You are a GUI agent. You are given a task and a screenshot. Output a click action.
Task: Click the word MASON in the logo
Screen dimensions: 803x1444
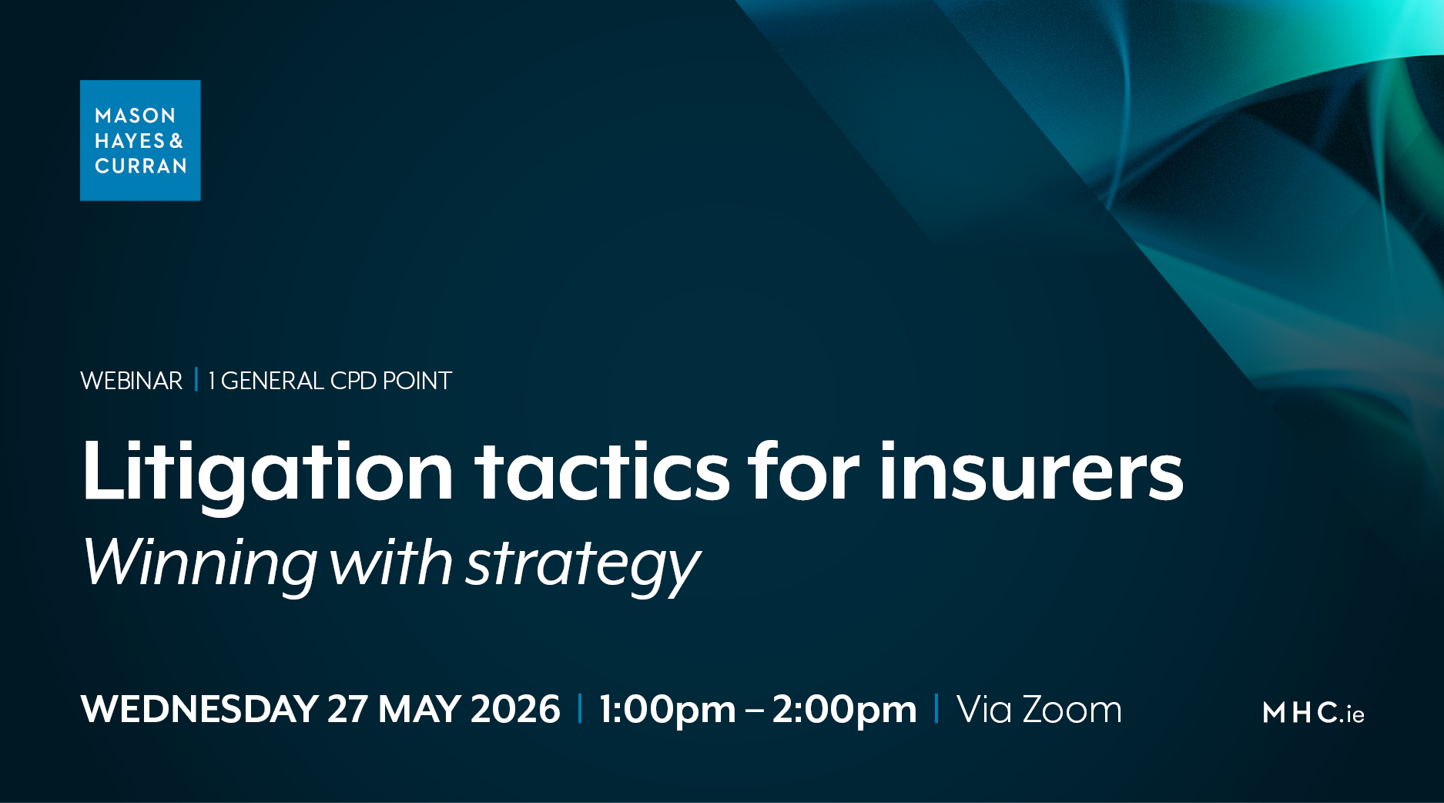pyautogui.click(x=135, y=116)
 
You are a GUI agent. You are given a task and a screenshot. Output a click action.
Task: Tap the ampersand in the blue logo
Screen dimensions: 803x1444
pyautogui.click(x=176, y=141)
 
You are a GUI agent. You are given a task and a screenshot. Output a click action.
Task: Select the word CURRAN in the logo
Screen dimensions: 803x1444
pyautogui.click(x=141, y=166)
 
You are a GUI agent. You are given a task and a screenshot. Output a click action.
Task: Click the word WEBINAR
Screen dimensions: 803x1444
pyautogui.click(x=131, y=381)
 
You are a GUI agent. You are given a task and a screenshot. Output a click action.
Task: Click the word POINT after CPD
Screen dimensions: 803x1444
pyautogui.click(x=417, y=381)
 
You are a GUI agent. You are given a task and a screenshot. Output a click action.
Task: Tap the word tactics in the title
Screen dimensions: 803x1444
pyautogui.click(x=601, y=472)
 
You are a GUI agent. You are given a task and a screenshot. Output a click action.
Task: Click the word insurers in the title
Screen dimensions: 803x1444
pyautogui.click(x=1030, y=472)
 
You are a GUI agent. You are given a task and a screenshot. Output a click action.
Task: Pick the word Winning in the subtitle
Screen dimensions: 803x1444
pyautogui.click(x=199, y=563)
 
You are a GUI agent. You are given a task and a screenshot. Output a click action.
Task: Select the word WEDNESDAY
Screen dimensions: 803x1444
pyautogui.click(x=199, y=709)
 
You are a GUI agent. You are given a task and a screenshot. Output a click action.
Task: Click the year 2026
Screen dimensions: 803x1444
pyautogui.click(x=515, y=709)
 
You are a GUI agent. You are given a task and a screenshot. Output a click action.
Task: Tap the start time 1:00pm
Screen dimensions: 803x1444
pyautogui.click(x=667, y=709)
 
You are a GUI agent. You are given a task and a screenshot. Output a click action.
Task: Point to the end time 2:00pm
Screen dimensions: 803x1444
pyautogui.click(x=844, y=709)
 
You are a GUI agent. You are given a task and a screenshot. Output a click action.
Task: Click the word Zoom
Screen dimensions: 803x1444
pyautogui.click(x=1071, y=709)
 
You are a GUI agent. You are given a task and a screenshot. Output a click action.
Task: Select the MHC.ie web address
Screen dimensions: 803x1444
pyautogui.click(x=1313, y=713)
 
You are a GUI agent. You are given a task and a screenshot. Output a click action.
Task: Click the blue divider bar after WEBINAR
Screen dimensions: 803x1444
pyautogui.click(x=196, y=380)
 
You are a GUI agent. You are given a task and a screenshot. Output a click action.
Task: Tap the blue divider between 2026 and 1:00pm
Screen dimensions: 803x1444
pyautogui.click(x=580, y=708)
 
